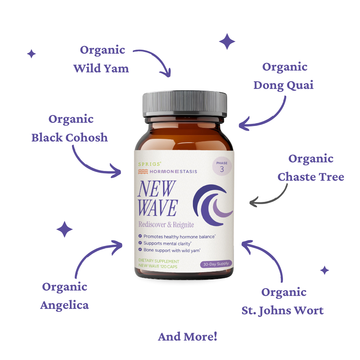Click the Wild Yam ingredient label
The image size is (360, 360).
[101, 69]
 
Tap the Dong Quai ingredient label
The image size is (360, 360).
[283, 85]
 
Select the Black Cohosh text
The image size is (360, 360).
[69, 138]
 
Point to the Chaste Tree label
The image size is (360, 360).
[311, 177]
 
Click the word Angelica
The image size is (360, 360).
[64, 306]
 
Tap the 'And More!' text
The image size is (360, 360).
[188, 337]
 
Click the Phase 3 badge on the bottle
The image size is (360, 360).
[222, 167]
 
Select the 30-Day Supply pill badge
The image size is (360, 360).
[216, 264]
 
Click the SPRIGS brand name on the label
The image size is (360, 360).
[150, 164]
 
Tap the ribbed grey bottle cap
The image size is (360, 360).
[185, 104]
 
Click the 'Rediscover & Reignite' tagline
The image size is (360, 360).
[166, 225]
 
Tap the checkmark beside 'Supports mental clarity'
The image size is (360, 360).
[140, 243]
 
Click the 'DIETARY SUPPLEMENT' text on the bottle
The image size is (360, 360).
[159, 261]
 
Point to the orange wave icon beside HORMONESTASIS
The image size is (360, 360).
[143, 171]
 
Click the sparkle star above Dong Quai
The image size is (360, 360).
[227, 41]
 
